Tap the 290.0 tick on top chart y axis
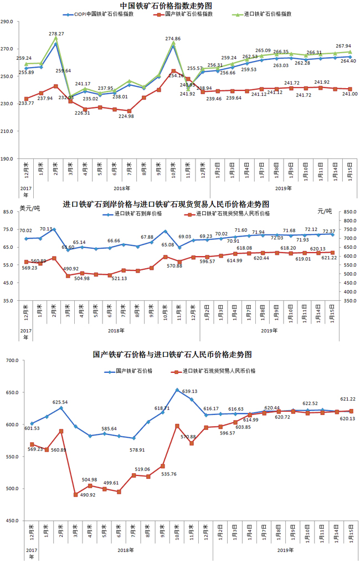click(9, 22)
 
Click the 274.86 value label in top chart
click(174, 39)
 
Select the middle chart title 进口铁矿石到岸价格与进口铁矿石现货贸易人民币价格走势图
click(166, 204)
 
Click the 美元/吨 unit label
click(30, 209)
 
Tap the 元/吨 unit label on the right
click(324, 211)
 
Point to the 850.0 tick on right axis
click(350, 212)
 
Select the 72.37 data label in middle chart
click(329, 231)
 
